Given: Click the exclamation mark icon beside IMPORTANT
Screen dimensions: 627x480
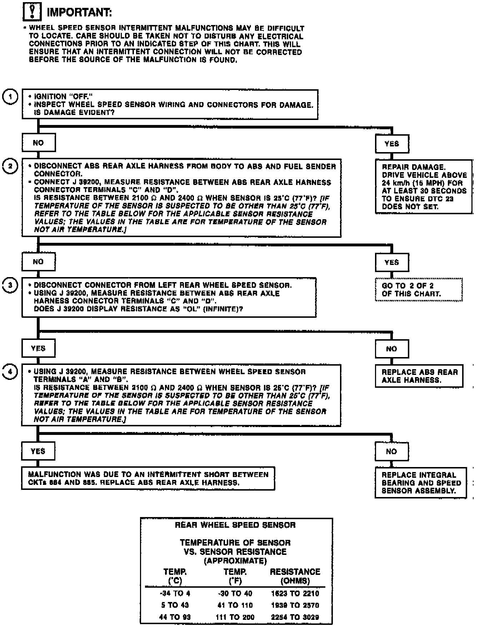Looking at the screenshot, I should pyautogui.click(x=32, y=12).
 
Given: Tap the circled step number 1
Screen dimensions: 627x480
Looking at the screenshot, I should pyautogui.click(x=10, y=97).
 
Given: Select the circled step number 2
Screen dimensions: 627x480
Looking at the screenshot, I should pyautogui.click(x=10, y=166).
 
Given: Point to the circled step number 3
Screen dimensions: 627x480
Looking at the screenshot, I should pyautogui.click(x=10, y=285).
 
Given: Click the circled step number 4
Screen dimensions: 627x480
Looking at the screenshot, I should pyautogui.click(x=10, y=372).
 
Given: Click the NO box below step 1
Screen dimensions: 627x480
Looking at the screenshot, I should pyautogui.click(x=39, y=143).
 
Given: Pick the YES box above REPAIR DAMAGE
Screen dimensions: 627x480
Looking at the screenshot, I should pyautogui.click(x=392, y=144).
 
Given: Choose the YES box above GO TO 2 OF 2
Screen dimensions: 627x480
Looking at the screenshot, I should pyautogui.click(x=392, y=262).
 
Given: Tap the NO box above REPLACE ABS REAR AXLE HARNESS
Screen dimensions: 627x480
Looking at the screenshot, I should pyautogui.click(x=391, y=349).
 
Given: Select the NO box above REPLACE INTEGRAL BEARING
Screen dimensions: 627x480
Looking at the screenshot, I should pyautogui.click(x=391, y=451).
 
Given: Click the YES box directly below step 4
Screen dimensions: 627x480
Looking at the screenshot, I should pyautogui.click(x=38, y=451).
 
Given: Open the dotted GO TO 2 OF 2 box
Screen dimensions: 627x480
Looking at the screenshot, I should pyautogui.click(x=419, y=290).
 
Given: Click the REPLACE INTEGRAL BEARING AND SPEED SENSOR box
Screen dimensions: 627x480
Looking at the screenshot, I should pyautogui.click(x=421, y=483).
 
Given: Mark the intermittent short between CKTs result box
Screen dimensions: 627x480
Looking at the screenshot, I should pyautogui.click(x=148, y=478).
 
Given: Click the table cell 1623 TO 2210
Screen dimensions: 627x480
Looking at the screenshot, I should pyautogui.click(x=295, y=594).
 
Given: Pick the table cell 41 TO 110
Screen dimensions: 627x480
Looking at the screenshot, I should pyautogui.click(x=235, y=605).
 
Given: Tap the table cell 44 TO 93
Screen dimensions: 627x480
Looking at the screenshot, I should pyautogui.click(x=175, y=617).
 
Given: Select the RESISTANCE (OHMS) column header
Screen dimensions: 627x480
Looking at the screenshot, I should pyautogui.click(x=295, y=576).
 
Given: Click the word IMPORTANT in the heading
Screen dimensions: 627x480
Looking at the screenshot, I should pyautogui.click(x=79, y=12).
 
